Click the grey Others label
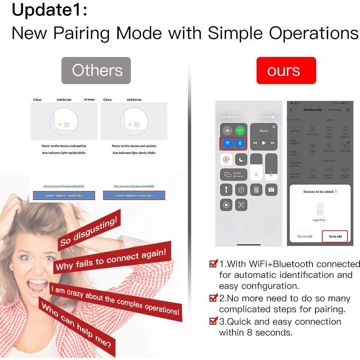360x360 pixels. (x=96, y=71)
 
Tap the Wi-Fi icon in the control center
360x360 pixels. (x=227, y=143)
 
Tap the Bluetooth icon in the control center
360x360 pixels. (x=240, y=143)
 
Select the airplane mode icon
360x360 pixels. (x=227, y=130)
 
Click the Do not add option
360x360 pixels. (x=305, y=236)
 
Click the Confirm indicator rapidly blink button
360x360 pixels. (x=64, y=196)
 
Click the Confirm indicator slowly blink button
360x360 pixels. (x=134, y=196)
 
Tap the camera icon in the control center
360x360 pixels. (x=271, y=190)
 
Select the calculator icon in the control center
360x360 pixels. (x=256, y=190)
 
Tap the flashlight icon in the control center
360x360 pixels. (x=226, y=190)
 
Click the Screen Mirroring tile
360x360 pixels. (x=234, y=175)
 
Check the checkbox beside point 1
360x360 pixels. (x=213, y=264)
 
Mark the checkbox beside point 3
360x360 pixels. (x=213, y=321)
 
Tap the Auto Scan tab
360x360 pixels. (x=334, y=110)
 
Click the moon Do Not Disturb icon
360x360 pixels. (x=241, y=159)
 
